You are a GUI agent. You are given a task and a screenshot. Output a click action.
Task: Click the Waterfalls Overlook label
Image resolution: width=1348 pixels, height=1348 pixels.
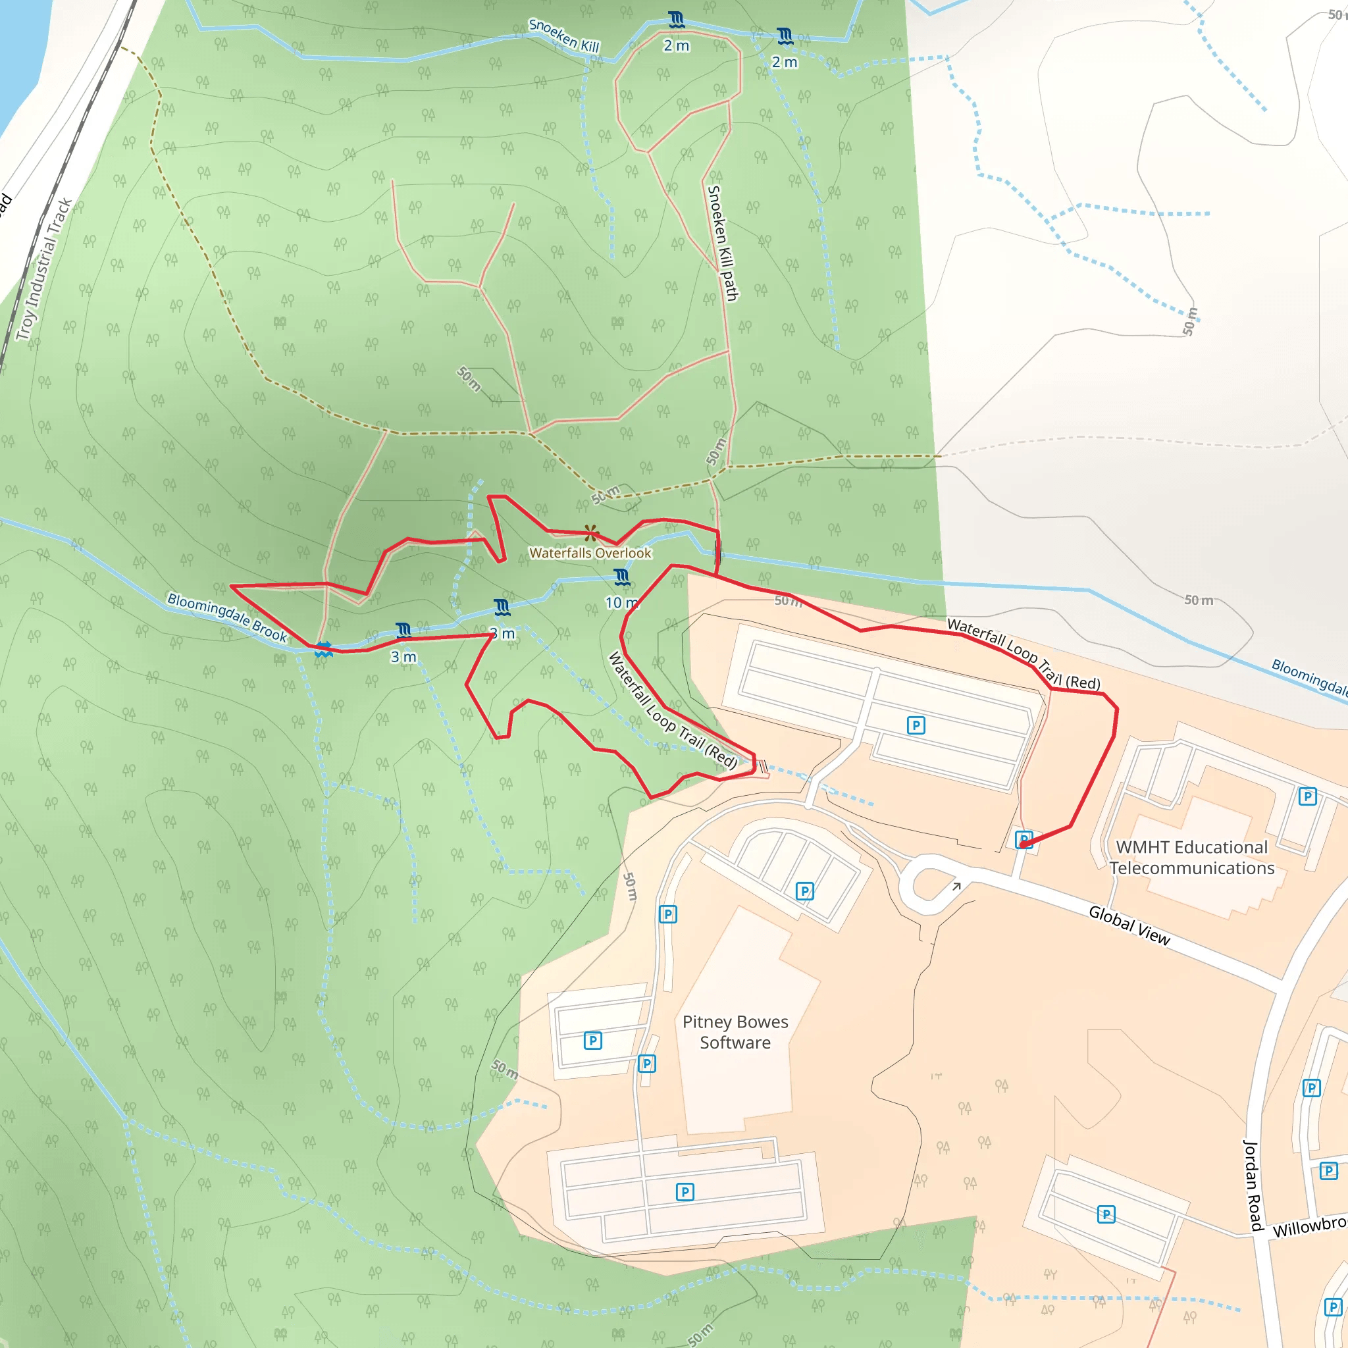click(590, 554)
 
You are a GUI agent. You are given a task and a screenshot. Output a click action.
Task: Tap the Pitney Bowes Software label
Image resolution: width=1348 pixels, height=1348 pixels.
click(735, 1032)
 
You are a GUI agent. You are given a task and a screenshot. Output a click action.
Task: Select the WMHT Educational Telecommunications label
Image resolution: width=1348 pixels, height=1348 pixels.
click(1192, 858)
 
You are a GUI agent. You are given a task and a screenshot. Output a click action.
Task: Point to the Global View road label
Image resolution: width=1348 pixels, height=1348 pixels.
click(1129, 925)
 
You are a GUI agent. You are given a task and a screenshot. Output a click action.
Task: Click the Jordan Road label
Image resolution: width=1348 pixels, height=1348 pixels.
click(1253, 1185)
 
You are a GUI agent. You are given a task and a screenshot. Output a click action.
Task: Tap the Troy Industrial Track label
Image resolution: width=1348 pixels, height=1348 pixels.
click(45, 269)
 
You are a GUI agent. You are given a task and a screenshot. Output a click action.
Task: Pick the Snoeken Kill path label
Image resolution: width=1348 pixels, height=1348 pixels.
click(722, 243)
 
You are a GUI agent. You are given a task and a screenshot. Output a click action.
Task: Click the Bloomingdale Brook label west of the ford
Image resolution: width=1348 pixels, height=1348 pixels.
click(227, 617)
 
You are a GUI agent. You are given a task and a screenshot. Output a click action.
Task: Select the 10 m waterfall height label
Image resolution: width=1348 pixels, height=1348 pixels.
click(619, 603)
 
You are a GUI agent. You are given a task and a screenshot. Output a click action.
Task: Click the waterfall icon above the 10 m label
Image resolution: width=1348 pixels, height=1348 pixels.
click(621, 577)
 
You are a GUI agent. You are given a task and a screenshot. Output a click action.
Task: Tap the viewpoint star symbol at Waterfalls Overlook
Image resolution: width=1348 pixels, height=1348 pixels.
click(591, 534)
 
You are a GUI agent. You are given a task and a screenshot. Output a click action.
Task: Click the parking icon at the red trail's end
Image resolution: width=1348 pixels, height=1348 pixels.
click(1024, 839)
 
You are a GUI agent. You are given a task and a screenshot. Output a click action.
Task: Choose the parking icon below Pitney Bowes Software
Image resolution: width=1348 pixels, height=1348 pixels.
click(685, 1192)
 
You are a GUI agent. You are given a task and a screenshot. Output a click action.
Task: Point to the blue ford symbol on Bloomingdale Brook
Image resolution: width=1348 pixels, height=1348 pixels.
click(323, 650)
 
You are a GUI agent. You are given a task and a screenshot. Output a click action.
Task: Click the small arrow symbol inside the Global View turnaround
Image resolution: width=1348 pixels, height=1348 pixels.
click(956, 886)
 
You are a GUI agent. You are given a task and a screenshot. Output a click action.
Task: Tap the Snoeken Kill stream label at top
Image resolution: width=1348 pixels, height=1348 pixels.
click(564, 36)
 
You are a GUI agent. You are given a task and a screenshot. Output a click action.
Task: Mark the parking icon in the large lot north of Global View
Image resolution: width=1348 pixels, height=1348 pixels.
click(916, 725)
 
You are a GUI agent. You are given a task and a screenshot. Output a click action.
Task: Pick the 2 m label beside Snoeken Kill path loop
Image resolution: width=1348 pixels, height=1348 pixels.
click(676, 46)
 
